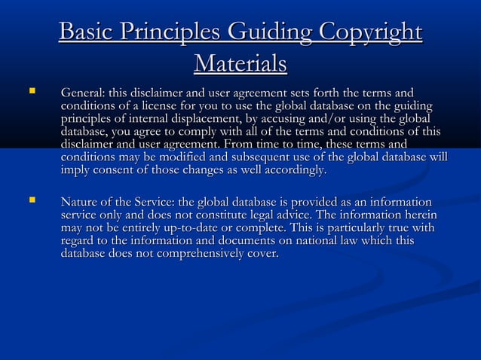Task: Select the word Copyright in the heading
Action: (370, 33)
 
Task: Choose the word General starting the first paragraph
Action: (83, 93)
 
